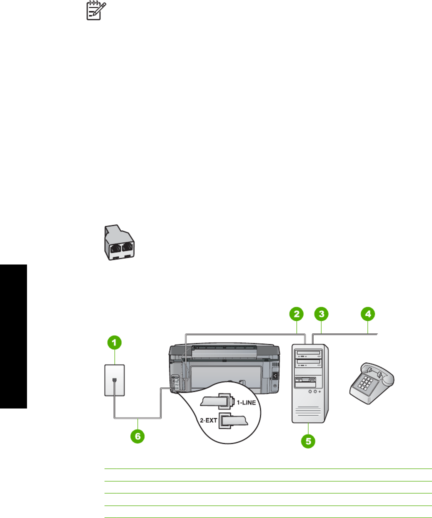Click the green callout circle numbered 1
[x=114, y=343]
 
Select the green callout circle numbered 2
[x=296, y=314]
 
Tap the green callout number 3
[x=321, y=314]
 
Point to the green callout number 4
[x=367, y=314]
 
